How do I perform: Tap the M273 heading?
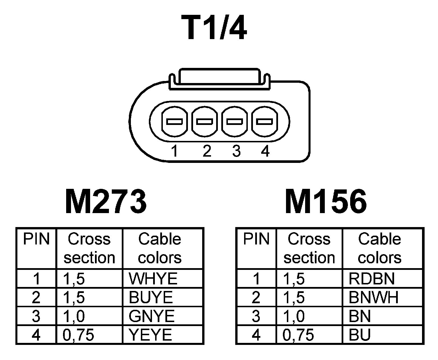(106, 202)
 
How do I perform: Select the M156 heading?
(326, 202)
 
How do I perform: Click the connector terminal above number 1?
(174, 122)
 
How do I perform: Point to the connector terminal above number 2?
(204, 122)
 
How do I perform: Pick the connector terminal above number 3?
(235, 122)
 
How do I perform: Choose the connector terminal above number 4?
(264, 122)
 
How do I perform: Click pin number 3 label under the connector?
(236, 151)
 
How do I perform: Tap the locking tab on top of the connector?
(219, 77)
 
